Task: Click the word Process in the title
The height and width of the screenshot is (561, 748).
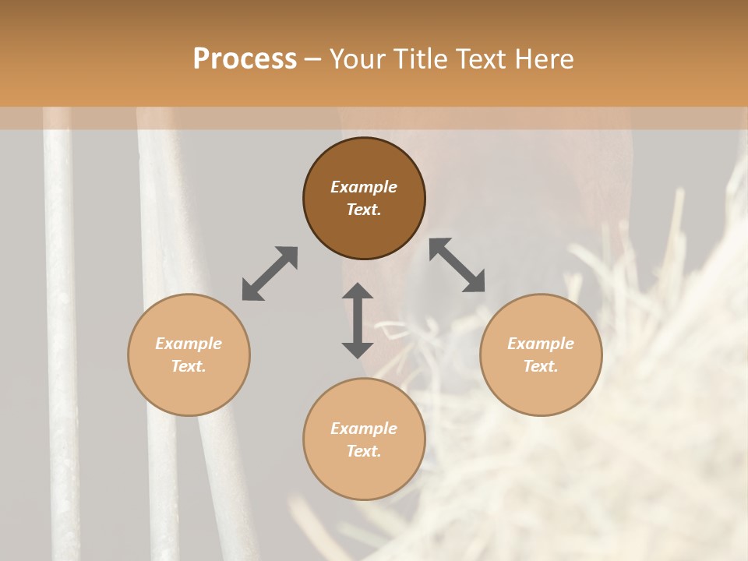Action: (245, 59)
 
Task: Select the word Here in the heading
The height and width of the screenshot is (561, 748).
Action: (543, 59)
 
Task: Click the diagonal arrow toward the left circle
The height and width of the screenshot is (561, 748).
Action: (270, 273)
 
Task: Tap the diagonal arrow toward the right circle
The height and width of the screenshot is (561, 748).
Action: (457, 266)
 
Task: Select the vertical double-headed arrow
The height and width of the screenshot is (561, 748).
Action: (358, 320)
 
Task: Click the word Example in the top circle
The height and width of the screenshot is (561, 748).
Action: (364, 187)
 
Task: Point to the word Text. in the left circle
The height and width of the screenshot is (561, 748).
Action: (189, 366)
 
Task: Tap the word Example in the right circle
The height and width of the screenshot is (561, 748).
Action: (541, 344)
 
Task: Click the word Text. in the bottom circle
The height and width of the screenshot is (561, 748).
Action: (364, 451)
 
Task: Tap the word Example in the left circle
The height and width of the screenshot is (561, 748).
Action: (189, 344)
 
